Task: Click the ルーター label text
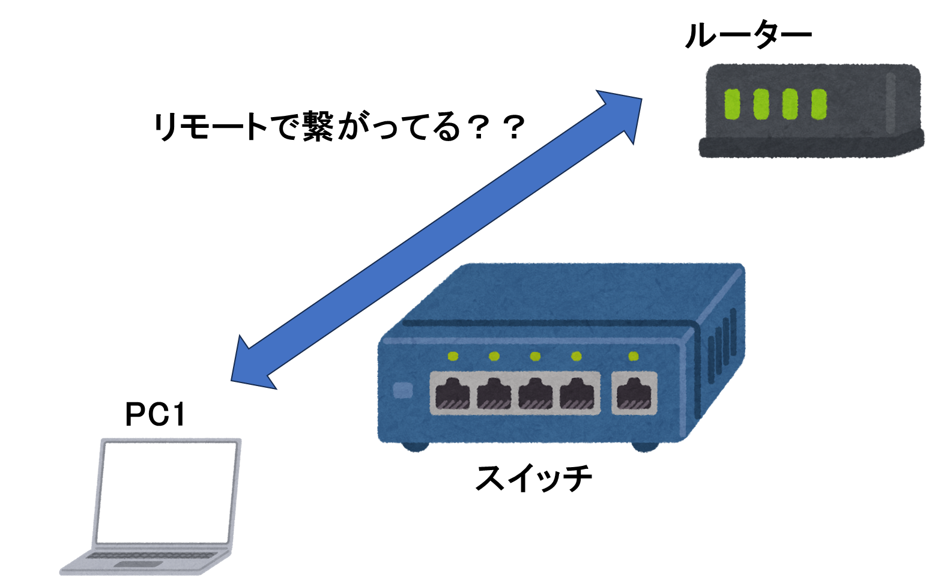[x=748, y=35]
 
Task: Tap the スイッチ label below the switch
[x=533, y=478]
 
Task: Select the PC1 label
[x=155, y=415]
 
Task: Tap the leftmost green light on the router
[x=732, y=104]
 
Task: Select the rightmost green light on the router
[x=819, y=104]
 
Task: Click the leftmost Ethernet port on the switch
[x=453, y=393]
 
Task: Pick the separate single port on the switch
[x=634, y=393]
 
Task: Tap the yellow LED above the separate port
[x=634, y=357]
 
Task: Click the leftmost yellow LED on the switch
[x=453, y=357]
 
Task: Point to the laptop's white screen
[x=166, y=493]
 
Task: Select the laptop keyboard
[x=151, y=555]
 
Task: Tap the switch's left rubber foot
[x=415, y=447]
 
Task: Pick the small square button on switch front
[x=403, y=390]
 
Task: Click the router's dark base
[x=811, y=145]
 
